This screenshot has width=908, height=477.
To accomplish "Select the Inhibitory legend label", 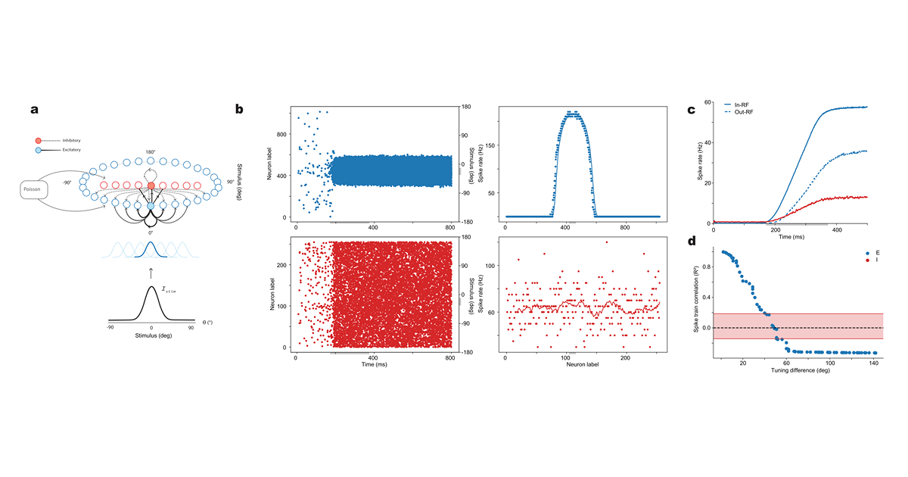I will click(63, 141).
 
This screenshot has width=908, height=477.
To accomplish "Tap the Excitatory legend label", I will click(64, 150).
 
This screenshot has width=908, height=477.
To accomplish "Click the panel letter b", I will click(239, 110).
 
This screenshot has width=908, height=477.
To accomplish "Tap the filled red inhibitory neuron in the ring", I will click(151, 185).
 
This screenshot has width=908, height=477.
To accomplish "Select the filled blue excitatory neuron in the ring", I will click(151, 206).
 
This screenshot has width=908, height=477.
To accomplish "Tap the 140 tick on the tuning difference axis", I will click(875, 361).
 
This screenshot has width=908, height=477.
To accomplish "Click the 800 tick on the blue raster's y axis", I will click(281, 135).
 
